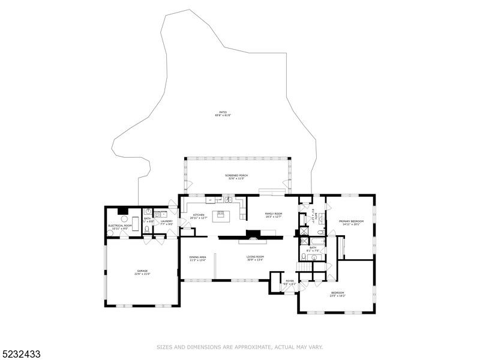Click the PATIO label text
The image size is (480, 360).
[x=223, y=112]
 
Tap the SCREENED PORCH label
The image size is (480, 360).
[x=236, y=175]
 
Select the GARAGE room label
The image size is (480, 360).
[x=142, y=271]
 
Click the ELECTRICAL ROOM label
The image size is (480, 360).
[x=120, y=226]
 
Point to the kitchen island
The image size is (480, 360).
[x=220, y=213]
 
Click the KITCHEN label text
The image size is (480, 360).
[x=199, y=215]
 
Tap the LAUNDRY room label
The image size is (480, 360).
[x=166, y=221]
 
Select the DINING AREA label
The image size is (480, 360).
[x=198, y=257]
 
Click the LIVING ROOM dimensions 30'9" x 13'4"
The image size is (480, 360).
[x=255, y=260]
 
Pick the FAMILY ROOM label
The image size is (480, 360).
[x=274, y=214]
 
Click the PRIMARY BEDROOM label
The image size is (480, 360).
[x=351, y=221]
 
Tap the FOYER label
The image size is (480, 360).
[x=290, y=280]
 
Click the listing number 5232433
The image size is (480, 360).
[x=22, y=353]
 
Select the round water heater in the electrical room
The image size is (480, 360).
[x=125, y=218]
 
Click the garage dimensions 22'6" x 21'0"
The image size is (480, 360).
[x=142, y=274]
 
